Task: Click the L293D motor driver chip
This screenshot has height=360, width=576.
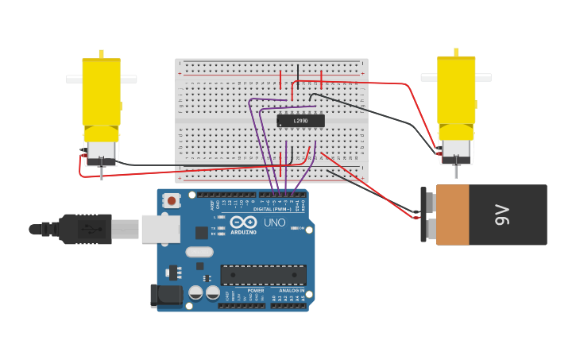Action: (300, 121)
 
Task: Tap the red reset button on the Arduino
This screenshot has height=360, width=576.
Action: (172, 201)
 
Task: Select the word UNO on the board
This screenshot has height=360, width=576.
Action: (274, 223)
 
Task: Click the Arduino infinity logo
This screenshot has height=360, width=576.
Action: (244, 222)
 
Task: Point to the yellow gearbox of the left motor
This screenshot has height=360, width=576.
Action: (101, 91)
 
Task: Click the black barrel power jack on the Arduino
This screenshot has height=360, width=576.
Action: (165, 296)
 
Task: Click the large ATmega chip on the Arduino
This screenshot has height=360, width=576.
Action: (263, 275)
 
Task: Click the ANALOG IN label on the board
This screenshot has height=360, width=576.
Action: (292, 291)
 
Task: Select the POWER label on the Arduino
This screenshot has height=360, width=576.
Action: (255, 291)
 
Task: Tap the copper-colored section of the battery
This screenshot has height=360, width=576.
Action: (453, 215)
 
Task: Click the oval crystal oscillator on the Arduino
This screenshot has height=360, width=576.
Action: (199, 252)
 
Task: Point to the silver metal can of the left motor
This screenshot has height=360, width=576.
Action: (101, 151)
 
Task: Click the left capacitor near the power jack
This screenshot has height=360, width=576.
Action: (195, 292)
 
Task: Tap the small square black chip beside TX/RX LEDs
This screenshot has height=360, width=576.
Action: (202, 232)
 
